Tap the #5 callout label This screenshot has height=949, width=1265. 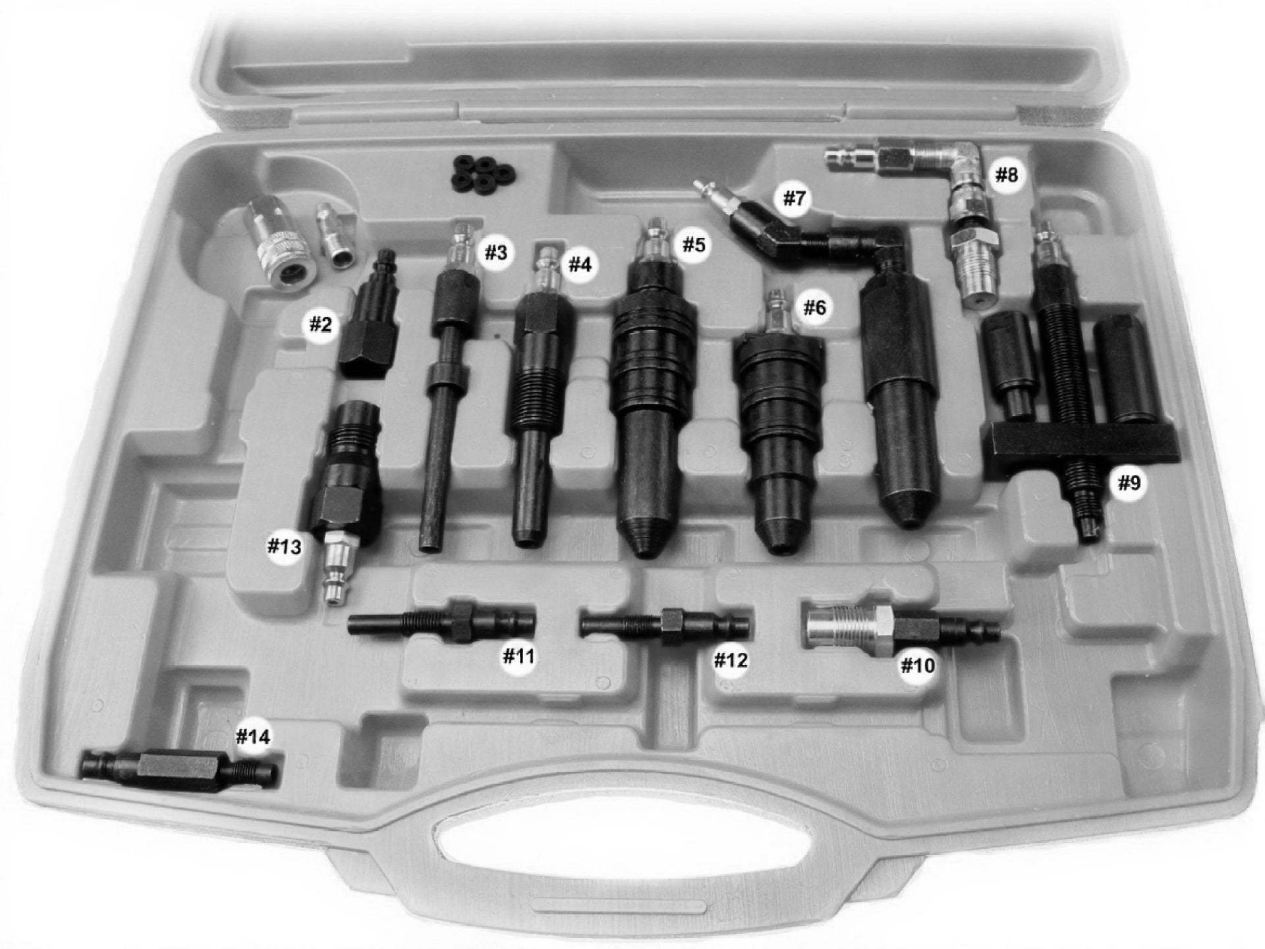[693, 245]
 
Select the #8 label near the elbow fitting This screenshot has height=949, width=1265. [1006, 175]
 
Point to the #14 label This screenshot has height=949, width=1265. [254, 737]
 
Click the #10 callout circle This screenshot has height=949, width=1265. [917, 666]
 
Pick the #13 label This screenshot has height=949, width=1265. [284, 547]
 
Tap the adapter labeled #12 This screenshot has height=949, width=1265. [664, 623]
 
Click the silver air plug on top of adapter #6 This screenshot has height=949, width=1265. [779, 314]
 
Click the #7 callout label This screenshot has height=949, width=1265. [795, 198]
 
